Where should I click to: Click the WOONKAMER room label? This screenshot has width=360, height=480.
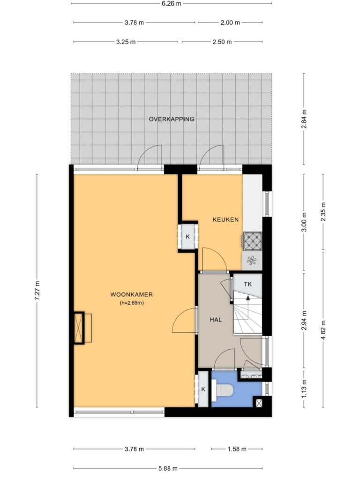coord(131,294)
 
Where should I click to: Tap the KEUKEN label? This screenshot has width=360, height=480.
coord(225,219)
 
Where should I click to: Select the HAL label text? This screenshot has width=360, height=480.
coord(216,320)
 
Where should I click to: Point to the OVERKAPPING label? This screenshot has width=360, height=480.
coord(172,119)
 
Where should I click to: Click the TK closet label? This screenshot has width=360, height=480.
coord(247,284)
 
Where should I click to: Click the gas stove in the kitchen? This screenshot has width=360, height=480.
coord(253,240)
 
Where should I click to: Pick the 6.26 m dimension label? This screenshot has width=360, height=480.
coord(172,3)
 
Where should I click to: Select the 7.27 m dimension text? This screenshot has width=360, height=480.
coord(37,291)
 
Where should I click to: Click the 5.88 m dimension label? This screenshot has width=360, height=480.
coord(167,468)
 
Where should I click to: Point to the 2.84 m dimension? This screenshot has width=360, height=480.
coord(304,119)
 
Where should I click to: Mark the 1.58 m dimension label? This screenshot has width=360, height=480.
coord(237,449)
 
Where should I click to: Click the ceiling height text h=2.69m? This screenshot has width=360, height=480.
coord(132,303)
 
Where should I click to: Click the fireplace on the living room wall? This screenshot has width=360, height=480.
coord(79,328)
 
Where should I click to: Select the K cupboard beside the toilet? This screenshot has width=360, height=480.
coord(203,389)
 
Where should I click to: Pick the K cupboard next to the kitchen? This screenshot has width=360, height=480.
coord(187,237)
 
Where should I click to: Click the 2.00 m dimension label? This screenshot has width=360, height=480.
coord(230,22)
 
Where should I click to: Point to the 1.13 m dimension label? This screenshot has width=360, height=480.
coord(304,389)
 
